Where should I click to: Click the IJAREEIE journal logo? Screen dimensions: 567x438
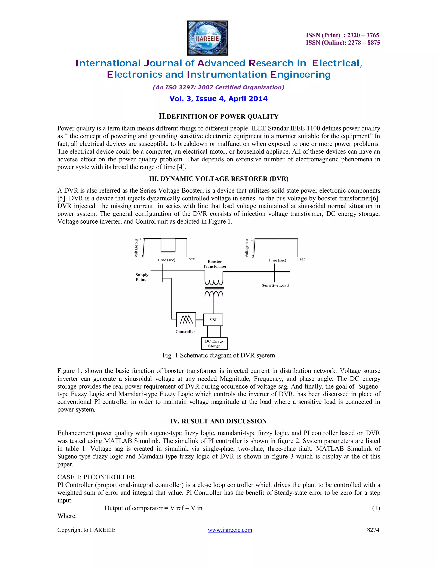[208, 38]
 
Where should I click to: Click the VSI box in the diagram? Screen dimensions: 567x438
[213, 320]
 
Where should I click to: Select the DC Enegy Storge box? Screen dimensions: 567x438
[214, 343]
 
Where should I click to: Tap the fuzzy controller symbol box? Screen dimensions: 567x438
[186, 320]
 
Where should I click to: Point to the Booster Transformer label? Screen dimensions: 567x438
[215, 264]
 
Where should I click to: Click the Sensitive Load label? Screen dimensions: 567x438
[275, 285]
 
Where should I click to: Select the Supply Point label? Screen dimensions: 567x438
[142, 277]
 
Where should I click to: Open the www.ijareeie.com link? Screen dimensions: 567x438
[230, 530]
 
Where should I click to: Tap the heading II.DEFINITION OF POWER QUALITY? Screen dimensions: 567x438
[219, 116]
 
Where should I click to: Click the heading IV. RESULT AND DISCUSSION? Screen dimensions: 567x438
[219, 421]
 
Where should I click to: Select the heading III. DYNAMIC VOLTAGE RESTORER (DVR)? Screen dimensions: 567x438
[219, 179]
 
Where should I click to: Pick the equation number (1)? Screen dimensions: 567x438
[376, 508]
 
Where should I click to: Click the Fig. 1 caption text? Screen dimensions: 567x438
[219, 355]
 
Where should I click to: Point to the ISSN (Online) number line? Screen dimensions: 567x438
[343, 43]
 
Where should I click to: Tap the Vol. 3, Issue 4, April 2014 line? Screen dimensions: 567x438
[219, 99]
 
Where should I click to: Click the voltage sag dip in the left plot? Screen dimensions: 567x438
[168, 251]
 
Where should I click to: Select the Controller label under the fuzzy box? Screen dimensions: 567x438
[185, 331]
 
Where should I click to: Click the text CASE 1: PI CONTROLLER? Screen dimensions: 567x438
[96, 477]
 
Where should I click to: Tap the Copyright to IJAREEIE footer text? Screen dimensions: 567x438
[86, 530]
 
